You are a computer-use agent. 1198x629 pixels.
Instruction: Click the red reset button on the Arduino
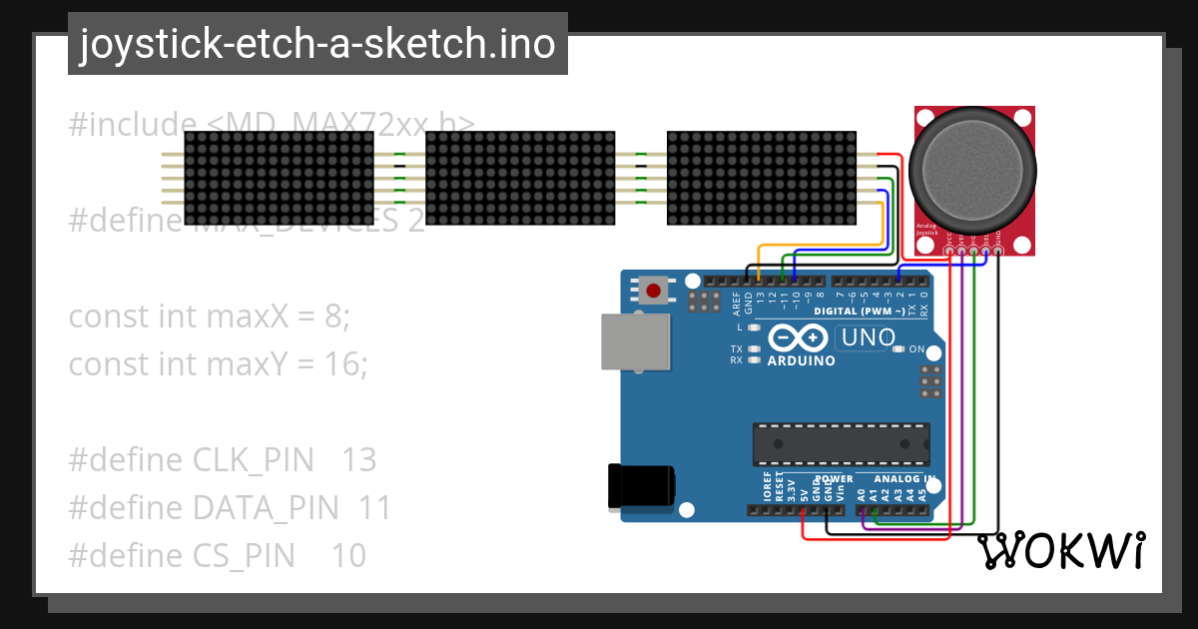(x=654, y=292)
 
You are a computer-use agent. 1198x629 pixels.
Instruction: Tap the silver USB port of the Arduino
(x=636, y=342)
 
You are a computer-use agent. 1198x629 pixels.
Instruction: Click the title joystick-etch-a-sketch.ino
(x=317, y=44)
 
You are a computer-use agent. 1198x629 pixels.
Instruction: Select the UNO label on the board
(x=868, y=337)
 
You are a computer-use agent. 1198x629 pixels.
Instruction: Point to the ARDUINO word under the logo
(x=801, y=360)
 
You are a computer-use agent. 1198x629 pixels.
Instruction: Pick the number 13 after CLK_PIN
(x=358, y=460)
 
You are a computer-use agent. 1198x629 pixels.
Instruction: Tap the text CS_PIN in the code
(x=244, y=555)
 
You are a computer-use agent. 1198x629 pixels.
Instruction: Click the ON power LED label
(x=917, y=349)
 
